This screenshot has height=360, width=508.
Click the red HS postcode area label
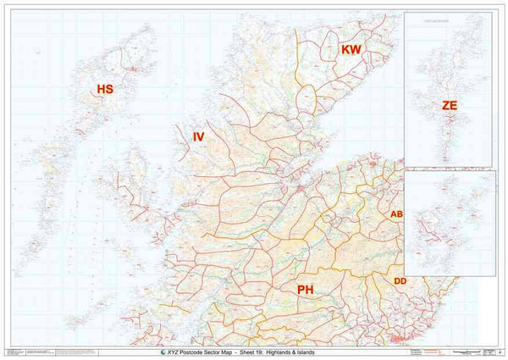(x=105, y=89)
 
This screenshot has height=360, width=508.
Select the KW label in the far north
(x=351, y=51)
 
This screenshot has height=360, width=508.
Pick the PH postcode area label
(x=306, y=290)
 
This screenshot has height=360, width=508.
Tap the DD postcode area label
(x=401, y=280)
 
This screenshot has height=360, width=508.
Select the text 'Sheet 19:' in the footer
(x=273, y=352)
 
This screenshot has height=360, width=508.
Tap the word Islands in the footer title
(x=347, y=352)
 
